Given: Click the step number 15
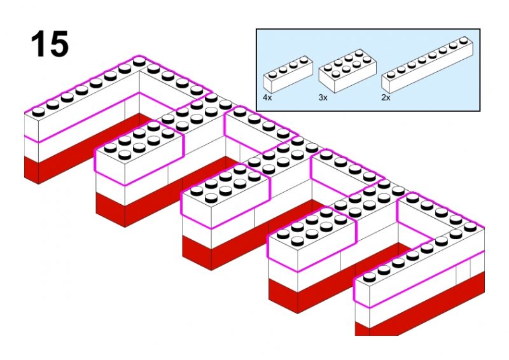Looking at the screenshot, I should pos(49,44).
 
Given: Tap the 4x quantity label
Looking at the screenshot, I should pos(267,98).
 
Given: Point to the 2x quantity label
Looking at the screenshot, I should pos(386,98).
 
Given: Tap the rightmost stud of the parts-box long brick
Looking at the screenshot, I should pos(471,40).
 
